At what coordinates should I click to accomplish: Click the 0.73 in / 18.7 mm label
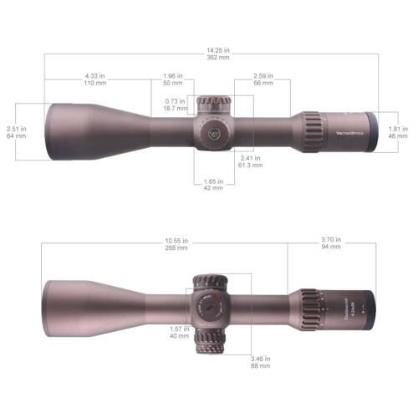[x=175, y=105]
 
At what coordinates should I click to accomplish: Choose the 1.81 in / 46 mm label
[x=399, y=132]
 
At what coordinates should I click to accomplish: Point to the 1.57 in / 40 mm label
[x=178, y=333]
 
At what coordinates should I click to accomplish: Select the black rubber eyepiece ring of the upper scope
[x=369, y=132]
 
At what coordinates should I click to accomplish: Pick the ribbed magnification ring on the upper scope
[x=311, y=131]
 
